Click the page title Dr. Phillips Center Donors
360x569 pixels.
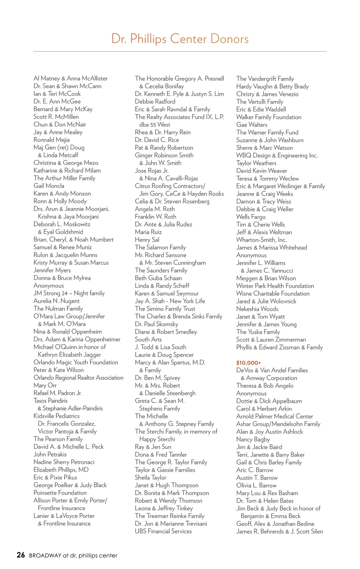(180, 39)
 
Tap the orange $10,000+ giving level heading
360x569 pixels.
(248, 363)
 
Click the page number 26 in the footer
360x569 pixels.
(21, 555)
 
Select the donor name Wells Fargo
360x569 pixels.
(251, 217)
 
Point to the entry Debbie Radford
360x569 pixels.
(155, 102)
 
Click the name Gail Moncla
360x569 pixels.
(49, 186)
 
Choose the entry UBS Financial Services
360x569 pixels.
(163, 531)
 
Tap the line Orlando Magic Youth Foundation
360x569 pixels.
(76, 362)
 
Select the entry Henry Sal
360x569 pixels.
(147, 240)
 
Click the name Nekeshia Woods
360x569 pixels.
(257, 309)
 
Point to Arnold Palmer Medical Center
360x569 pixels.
(274, 416)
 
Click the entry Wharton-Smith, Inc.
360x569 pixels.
(261, 240)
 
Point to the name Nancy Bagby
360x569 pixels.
(253, 439)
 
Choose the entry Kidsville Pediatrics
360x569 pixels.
(57, 416)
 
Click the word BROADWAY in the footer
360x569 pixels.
(45, 556)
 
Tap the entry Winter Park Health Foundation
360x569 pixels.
(275, 286)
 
